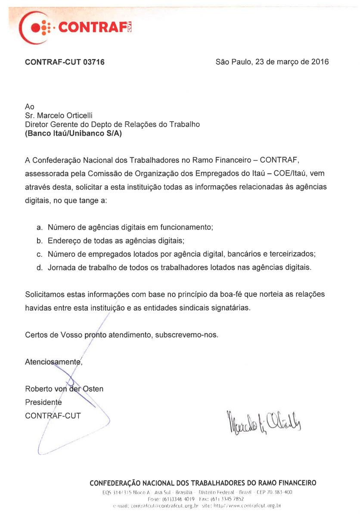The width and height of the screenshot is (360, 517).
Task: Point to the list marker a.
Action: click(x=39, y=227)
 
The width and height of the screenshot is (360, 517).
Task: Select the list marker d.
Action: click(x=39, y=268)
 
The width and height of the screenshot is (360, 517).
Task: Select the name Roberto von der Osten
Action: click(x=64, y=389)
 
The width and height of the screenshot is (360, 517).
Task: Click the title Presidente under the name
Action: click(x=43, y=402)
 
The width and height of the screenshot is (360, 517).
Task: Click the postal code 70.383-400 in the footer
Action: click(x=282, y=492)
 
